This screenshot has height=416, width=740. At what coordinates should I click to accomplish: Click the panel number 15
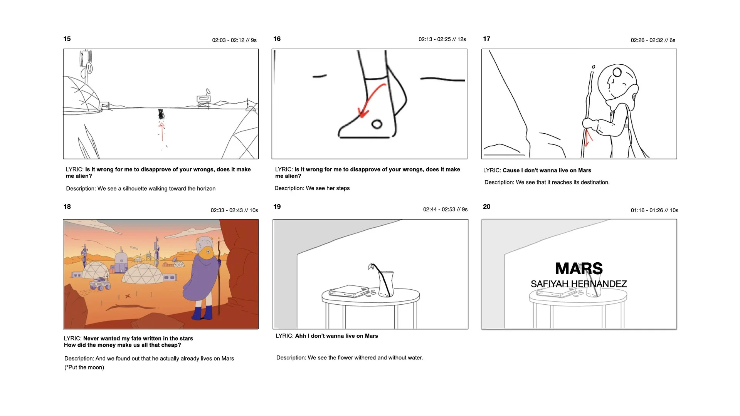click(67, 39)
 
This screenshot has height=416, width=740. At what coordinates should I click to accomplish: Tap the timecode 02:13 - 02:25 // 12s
click(442, 39)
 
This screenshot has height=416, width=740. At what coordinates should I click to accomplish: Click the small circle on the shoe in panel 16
click(377, 124)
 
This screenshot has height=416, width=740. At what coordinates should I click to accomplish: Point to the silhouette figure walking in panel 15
click(161, 114)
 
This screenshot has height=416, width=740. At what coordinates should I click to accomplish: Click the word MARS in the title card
click(579, 268)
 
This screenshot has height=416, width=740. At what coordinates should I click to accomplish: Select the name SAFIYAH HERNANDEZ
click(579, 284)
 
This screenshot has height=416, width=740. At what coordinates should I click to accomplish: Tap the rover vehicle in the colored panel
click(100, 284)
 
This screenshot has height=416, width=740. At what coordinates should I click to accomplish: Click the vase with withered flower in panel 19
click(385, 283)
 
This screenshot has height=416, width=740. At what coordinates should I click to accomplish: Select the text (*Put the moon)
click(84, 367)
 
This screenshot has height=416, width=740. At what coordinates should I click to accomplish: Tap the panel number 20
click(486, 207)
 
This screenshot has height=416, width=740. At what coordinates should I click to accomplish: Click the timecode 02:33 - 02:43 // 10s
click(234, 210)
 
